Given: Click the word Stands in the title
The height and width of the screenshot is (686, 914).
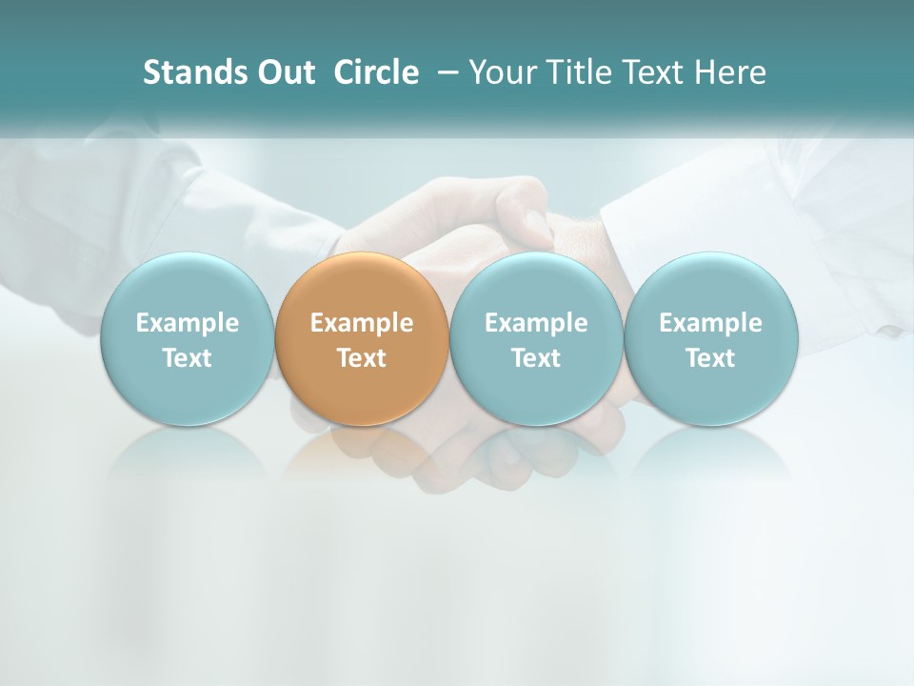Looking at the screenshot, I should click(193, 72).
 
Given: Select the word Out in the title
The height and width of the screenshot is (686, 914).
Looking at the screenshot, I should click(285, 72).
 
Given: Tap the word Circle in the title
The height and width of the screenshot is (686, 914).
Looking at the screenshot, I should click(376, 72).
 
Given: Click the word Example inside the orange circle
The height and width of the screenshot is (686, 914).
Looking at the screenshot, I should click(362, 323).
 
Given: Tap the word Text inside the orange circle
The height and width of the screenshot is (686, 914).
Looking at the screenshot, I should click(362, 358).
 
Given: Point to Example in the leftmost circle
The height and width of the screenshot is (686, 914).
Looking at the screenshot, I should click(187, 323).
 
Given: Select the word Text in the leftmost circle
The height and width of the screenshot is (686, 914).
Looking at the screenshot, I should click(187, 358).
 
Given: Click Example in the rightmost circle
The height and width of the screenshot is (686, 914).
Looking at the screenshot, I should click(711, 323).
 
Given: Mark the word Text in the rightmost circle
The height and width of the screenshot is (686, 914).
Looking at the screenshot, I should click(711, 358).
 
